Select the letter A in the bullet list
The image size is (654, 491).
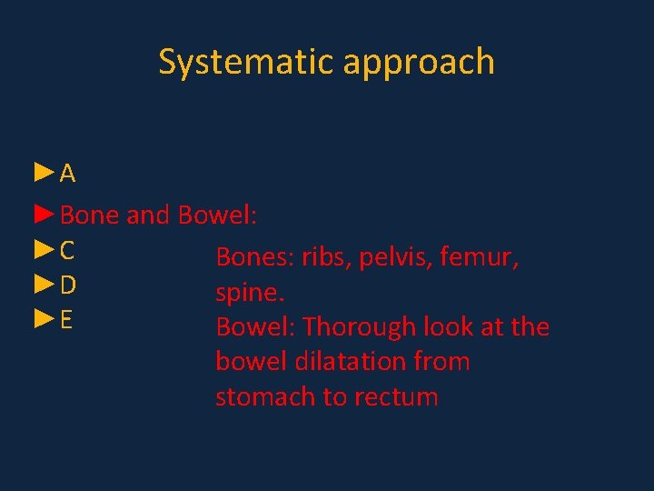68,174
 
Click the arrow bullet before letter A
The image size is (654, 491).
45,173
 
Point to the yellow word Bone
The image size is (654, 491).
90,215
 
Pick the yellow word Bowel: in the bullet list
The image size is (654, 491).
218,215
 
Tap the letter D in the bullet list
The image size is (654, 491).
68,286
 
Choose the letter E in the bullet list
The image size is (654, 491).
66,320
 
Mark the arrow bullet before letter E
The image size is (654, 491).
45,319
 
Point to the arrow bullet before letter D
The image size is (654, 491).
45,286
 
